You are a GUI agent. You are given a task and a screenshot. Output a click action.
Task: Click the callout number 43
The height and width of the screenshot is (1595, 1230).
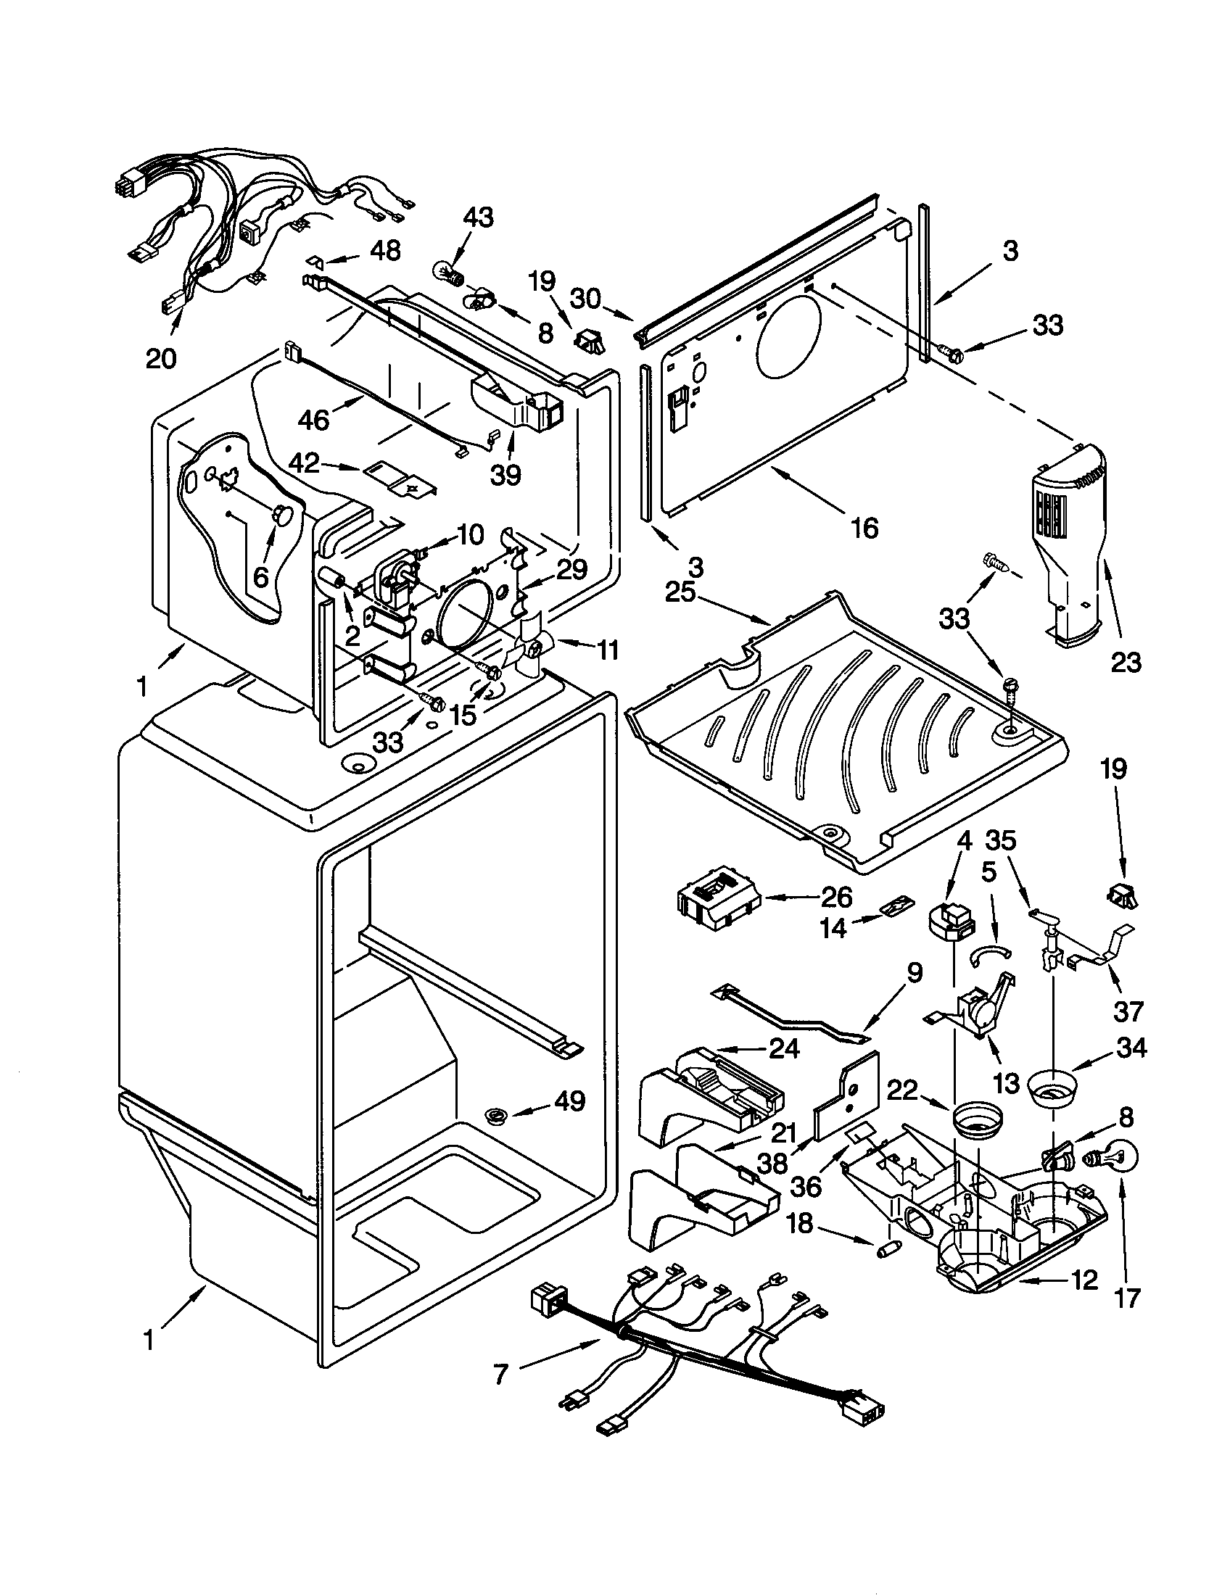click(x=478, y=217)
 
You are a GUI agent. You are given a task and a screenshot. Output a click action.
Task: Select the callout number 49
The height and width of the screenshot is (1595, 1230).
click(x=569, y=1101)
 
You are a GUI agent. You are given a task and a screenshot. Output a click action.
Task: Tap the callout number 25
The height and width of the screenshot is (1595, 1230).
click(x=680, y=592)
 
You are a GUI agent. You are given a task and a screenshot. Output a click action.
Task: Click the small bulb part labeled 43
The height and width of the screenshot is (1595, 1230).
click(x=456, y=277)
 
